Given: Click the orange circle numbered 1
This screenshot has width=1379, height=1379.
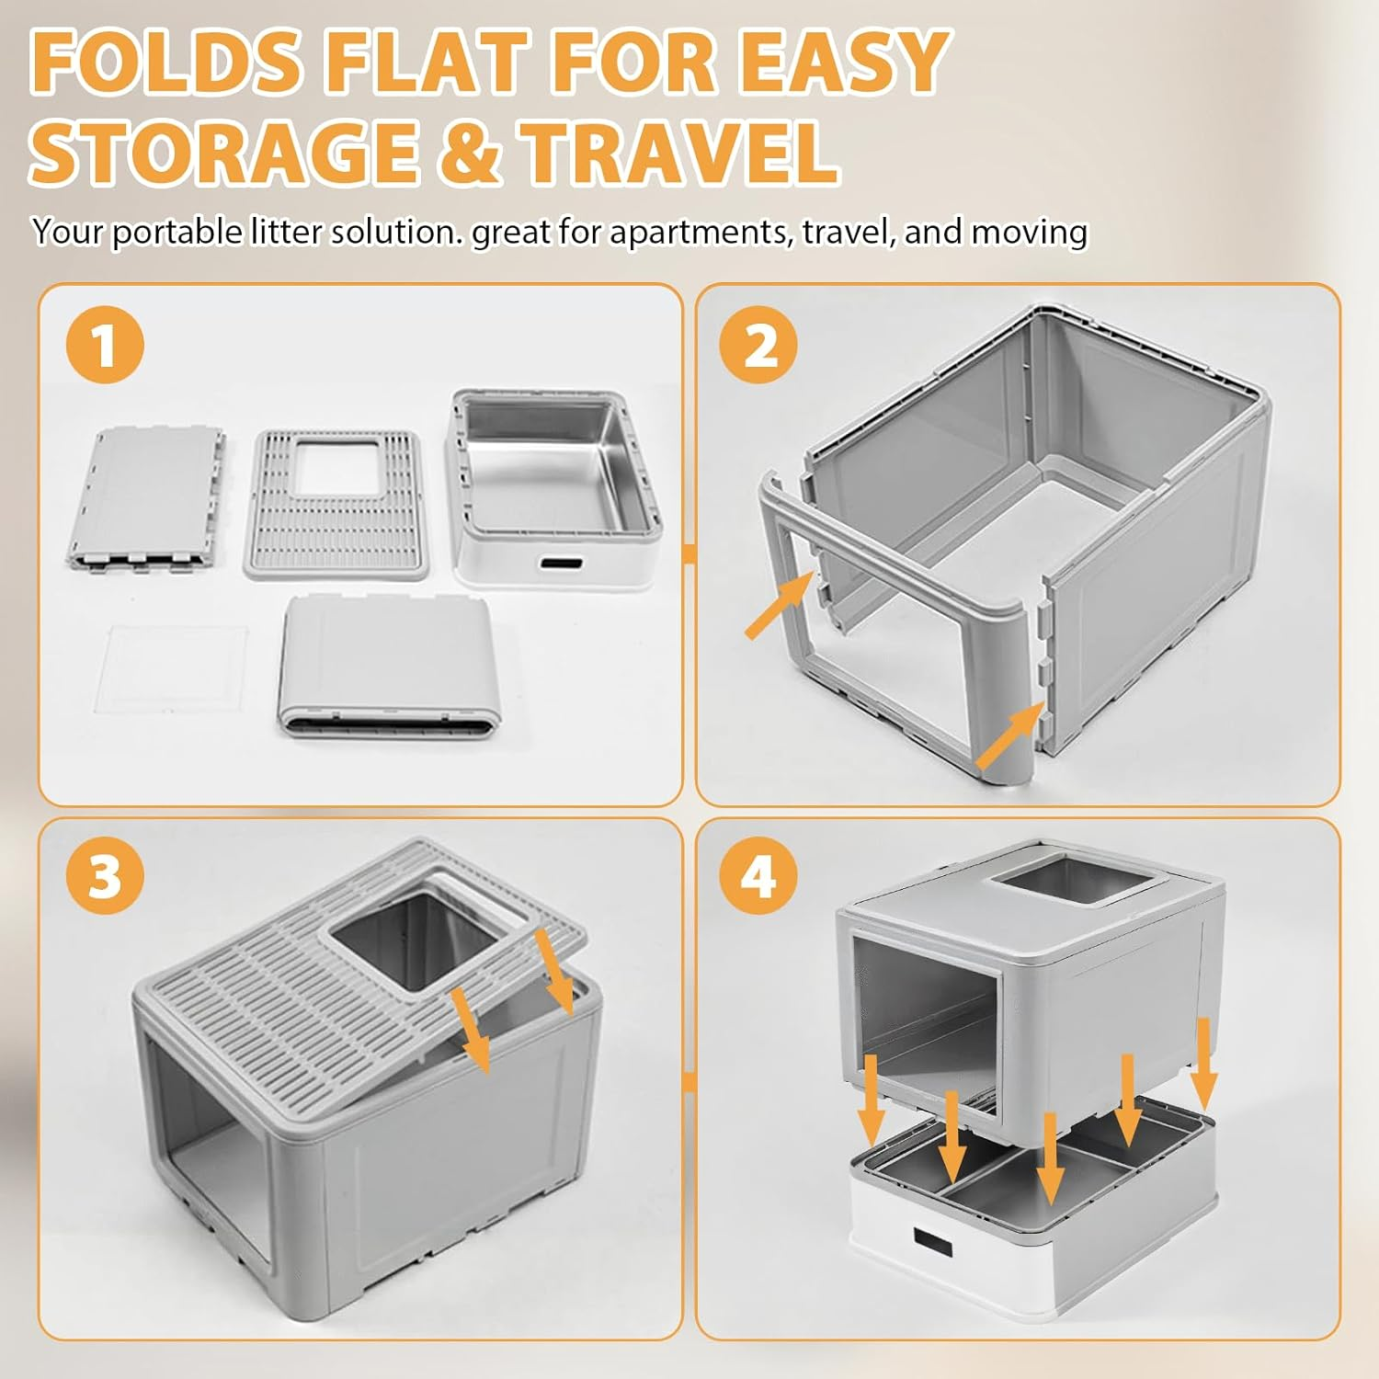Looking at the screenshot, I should click(105, 345).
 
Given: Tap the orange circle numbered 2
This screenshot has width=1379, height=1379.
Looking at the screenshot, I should click(759, 345).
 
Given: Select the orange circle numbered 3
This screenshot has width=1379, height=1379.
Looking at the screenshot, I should click(105, 874).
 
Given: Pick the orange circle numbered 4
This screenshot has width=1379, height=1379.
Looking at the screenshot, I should click(759, 874).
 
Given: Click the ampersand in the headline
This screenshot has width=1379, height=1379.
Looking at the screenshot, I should click(469, 153).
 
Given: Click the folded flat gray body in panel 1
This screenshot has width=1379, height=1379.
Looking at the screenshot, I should click(388, 667).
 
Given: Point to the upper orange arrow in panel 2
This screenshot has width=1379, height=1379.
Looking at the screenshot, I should click(778, 606).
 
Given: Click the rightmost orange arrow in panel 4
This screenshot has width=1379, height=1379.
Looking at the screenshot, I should click(1203, 1062).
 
